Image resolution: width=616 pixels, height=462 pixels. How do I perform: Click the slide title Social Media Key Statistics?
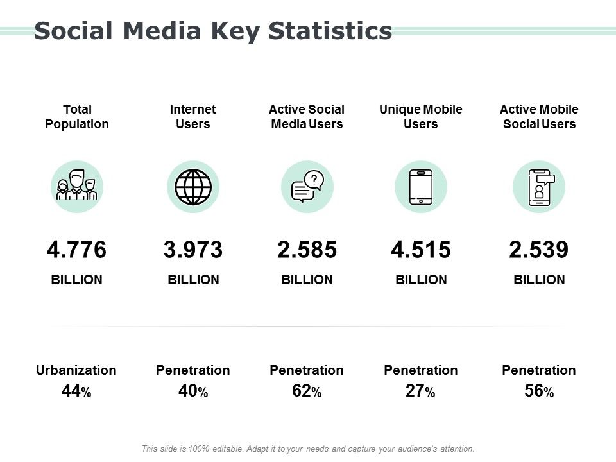click(x=212, y=31)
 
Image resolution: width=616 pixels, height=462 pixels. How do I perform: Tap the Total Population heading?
click(x=77, y=117)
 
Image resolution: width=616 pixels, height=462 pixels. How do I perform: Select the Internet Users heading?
click(x=193, y=117)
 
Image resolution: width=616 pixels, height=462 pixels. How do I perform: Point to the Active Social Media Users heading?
click(x=307, y=117)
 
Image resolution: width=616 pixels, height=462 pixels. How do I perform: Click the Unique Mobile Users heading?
click(x=420, y=117)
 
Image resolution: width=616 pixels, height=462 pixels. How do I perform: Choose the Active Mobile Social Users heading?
click(x=539, y=117)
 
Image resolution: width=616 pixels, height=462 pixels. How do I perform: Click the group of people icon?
click(x=77, y=187)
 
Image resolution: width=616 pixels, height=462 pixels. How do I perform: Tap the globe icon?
click(x=193, y=187)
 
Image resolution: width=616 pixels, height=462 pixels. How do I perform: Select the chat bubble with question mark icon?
click(x=307, y=187)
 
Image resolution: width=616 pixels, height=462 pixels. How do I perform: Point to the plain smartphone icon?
click(x=420, y=187)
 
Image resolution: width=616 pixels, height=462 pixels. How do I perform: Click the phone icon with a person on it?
click(x=539, y=187)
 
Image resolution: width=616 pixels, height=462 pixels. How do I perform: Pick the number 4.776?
click(x=77, y=250)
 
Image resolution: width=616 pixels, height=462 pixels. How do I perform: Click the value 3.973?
click(x=193, y=250)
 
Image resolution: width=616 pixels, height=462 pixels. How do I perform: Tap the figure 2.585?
click(x=307, y=250)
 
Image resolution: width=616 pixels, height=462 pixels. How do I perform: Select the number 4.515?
click(x=420, y=250)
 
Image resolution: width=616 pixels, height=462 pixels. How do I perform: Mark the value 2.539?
click(x=539, y=250)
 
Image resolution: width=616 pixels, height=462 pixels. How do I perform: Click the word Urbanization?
click(x=76, y=370)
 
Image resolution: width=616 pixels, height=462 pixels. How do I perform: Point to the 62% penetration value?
click(x=306, y=391)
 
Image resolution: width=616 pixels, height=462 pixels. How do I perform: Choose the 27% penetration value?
click(x=420, y=391)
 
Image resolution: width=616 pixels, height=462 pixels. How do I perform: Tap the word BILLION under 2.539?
click(x=539, y=280)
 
